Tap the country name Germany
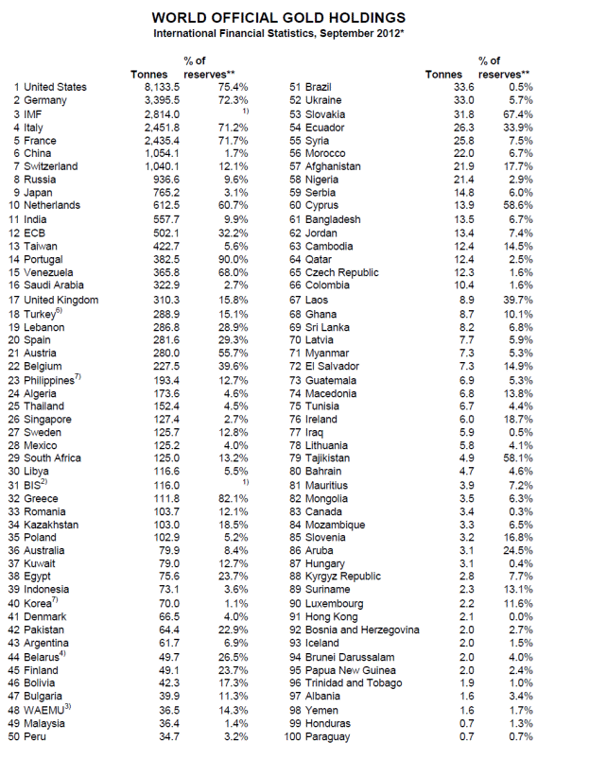(46, 100)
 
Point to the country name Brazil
(324, 87)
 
